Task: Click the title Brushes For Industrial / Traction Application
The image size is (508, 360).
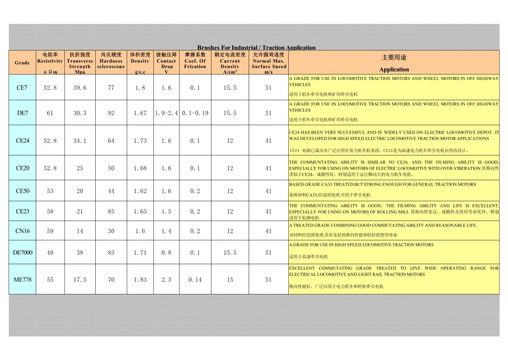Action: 256,48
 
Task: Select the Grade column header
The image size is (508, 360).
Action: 22,63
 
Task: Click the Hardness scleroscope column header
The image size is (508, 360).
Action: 111,62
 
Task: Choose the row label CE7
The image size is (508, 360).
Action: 22,87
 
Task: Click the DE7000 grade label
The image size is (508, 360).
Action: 22,253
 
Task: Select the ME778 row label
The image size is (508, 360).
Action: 22,280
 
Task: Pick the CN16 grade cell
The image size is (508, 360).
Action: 22,231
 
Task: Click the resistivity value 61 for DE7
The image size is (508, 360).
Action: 50,113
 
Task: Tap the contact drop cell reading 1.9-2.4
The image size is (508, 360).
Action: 166,113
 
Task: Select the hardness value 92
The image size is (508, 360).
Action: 111,113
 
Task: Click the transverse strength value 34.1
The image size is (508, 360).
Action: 80,141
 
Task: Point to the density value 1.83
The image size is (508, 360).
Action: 140,280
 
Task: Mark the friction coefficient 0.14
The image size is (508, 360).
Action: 195,280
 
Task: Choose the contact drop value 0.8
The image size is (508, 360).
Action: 166,253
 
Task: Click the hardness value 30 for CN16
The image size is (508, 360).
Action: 111,231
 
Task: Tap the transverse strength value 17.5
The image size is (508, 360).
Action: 80,280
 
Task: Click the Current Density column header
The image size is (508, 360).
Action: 230,62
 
